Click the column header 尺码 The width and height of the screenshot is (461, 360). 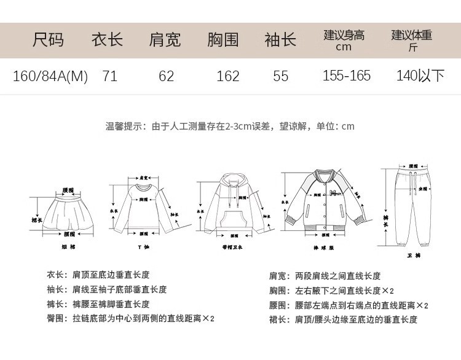coord(48,41)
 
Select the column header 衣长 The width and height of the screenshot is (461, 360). coord(108,41)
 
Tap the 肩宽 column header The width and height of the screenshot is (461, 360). coord(165,41)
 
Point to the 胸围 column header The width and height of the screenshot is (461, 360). coord(223,41)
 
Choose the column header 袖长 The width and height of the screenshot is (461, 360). coord(280,41)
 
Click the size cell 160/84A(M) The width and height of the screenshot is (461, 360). coord(50,76)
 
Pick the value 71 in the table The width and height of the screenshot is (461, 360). coord(110,76)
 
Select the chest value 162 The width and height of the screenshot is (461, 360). coord(228,76)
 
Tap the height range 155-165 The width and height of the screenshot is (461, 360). coord(347,76)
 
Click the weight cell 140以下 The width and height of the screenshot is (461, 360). coord(420,76)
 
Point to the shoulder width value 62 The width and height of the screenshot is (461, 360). coord(167,76)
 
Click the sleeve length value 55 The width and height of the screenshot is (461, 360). coord(281,76)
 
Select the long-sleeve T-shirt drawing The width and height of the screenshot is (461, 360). coord(143,206)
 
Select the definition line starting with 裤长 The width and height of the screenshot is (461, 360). coord(98,304)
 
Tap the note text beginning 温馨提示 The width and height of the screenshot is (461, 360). coord(230,127)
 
